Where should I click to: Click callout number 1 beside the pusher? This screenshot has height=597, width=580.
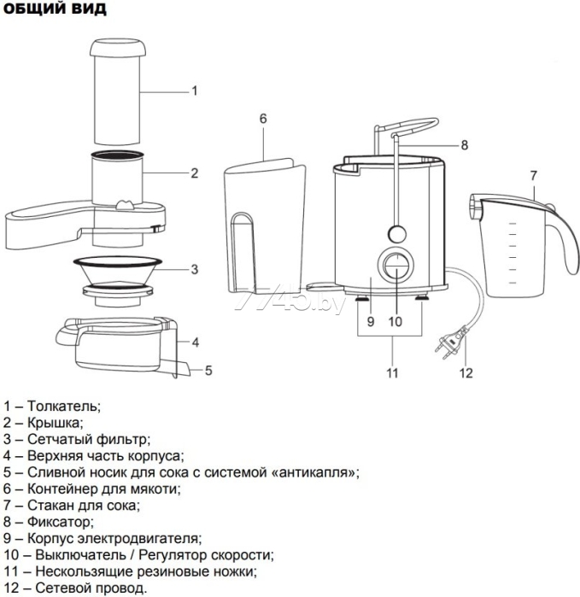(x=195, y=91)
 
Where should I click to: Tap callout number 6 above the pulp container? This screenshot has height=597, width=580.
(x=263, y=118)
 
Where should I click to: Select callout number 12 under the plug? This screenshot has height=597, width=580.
(x=466, y=372)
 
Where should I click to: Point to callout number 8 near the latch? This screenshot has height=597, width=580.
(x=465, y=145)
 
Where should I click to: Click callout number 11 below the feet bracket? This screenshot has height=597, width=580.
(x=392, y=372)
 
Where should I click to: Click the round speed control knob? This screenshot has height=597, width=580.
(x=395, y=267)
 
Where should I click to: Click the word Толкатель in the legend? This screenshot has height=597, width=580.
(x=64, y=406)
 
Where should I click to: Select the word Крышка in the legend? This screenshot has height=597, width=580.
(x=56, y=423)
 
